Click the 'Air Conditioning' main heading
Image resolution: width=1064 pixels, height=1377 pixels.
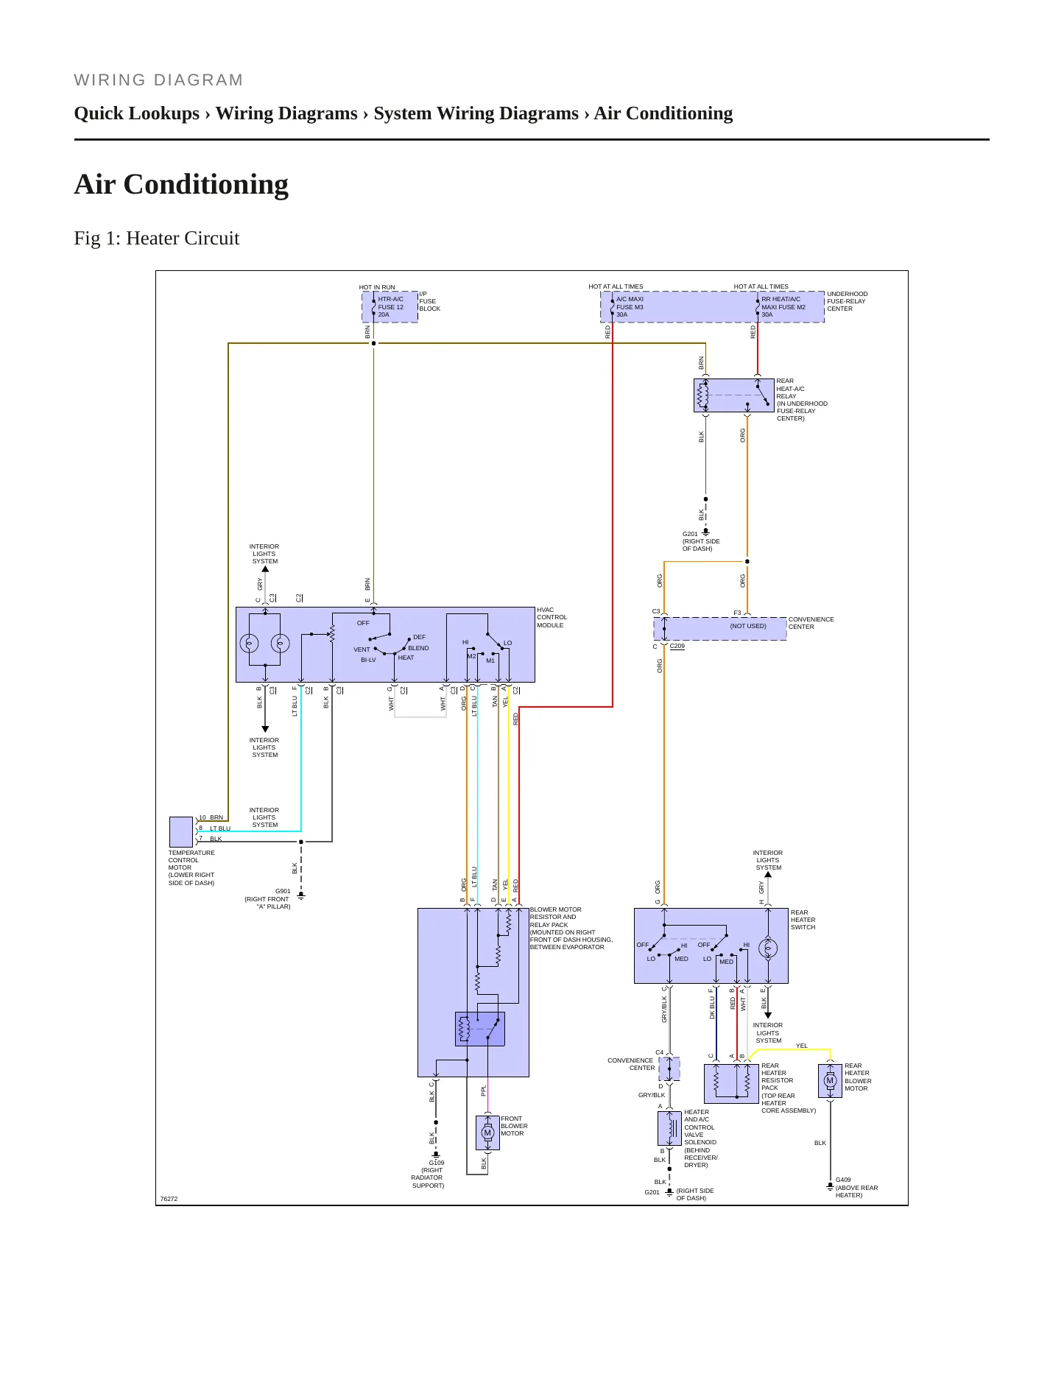coord(181,184)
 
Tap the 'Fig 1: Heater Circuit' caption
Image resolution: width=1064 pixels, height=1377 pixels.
coord(157,238)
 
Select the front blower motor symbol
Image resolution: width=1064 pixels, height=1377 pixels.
coord(487,1133)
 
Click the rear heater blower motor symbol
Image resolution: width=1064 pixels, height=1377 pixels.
coord(830,1081)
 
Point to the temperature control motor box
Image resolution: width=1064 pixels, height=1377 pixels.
coord(181,832)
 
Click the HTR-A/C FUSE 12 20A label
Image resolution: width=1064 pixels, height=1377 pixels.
coord(391,307)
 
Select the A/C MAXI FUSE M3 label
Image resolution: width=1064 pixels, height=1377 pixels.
coord(630,307)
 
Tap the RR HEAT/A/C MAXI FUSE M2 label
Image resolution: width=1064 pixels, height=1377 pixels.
coord(783,307)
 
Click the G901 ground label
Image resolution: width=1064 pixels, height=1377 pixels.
coord(283,891)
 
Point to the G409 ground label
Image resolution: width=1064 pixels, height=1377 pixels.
coord(843,1180)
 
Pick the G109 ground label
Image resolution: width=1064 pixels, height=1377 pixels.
coord(437,1163)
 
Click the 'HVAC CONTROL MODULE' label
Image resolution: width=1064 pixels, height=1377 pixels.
coord(552,618)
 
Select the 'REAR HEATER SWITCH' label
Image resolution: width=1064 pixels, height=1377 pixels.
coord(803,920)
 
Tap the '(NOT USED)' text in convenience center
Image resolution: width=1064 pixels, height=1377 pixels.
coord(748,626)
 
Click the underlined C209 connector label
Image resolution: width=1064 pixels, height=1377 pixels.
coord(677,646)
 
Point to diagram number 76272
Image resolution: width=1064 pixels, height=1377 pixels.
coord(169,1199)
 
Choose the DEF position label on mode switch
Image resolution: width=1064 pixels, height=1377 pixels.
coord(419,637)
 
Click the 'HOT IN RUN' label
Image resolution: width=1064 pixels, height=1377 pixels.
coord(377,287)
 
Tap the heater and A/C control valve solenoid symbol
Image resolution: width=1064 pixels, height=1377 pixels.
coord(669,1128)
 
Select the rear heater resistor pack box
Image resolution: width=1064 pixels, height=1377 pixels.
coord(731,1083)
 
